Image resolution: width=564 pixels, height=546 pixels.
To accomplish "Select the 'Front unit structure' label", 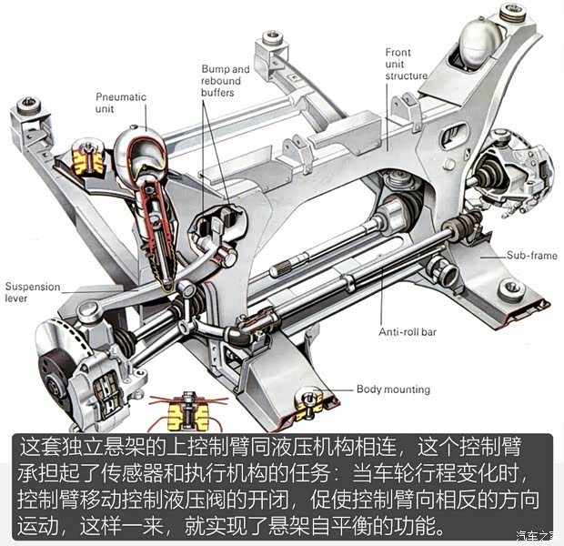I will coord(405,64).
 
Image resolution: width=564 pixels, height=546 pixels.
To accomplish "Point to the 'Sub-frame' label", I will coord(531,256).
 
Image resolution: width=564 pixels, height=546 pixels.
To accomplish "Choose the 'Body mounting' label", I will coord(393,389).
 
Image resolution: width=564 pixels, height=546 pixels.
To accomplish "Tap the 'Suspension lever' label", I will coord(32,292).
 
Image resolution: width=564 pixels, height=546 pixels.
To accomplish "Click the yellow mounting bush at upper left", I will coord(87,160).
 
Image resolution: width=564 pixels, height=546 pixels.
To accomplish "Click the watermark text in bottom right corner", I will coord(536,536).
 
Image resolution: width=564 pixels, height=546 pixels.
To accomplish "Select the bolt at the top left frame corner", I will coord(29,103).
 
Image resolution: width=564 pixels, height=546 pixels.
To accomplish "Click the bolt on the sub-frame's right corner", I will coord(513,288).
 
